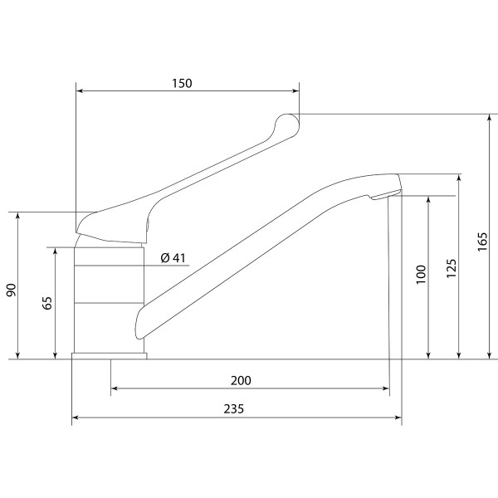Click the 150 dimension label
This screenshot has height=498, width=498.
pyautogui.click(x=182, y=83)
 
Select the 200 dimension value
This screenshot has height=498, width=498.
pyautogui.click(x=241, y=380)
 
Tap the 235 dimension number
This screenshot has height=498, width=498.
pyautogui.click(x=234, y=408)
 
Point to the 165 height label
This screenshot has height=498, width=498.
pyautogui.click(x=482, y=242)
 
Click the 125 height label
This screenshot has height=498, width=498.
pyautogui.click(x=452, y=268)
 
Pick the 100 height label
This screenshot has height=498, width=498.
pyautogui.click(x=421, y=274)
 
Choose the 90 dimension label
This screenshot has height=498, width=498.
pyautogui.click(x=11, y=290)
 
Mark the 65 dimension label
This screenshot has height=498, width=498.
pyautogui.click(x=47, y=303)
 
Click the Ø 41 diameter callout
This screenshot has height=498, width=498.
pyautogui.click(x=173, y=257)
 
